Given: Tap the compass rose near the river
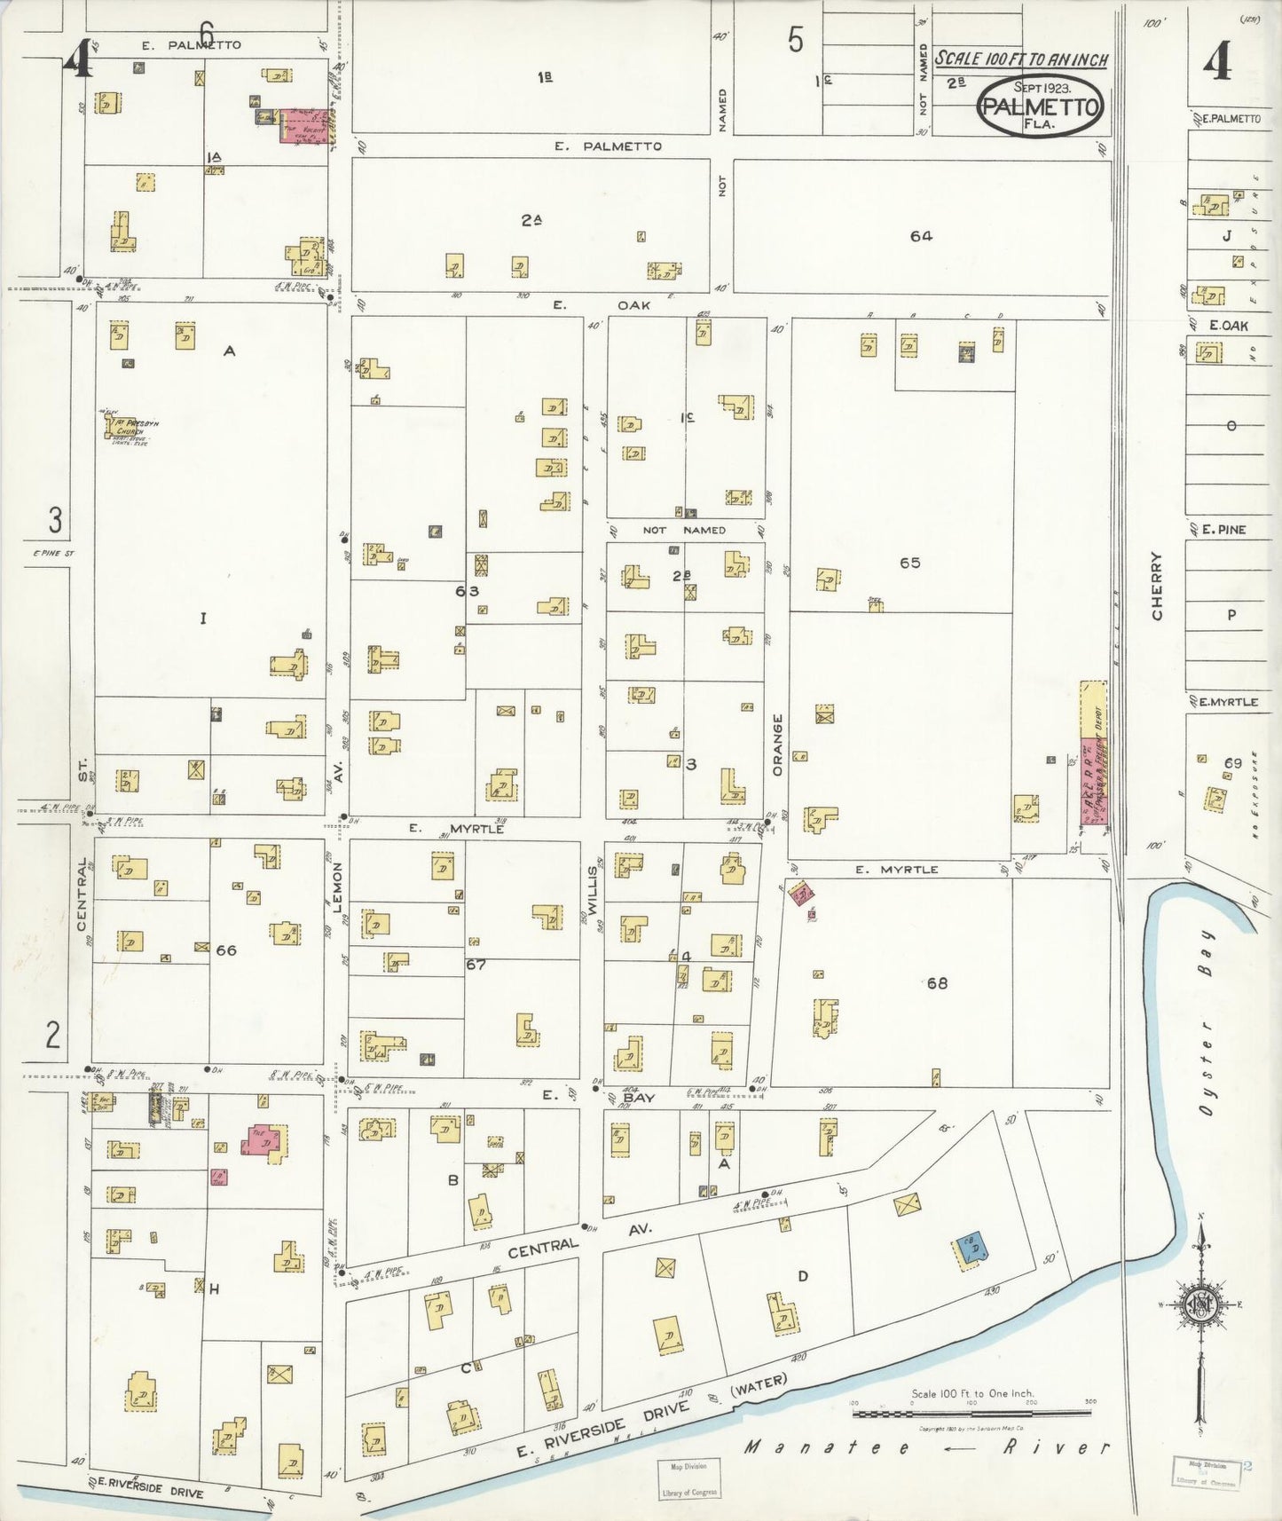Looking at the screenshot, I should point(1201,1304).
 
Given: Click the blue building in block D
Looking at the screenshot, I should point(972,1249).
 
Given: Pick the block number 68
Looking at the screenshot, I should point(937,982).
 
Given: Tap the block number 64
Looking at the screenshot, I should point(921,236).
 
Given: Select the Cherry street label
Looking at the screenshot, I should point(1157,586).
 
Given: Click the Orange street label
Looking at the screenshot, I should point(778,745).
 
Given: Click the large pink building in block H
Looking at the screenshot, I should point(264,1139).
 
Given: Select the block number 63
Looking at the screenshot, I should point(467,591).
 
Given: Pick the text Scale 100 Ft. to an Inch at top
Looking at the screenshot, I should point(1022,59).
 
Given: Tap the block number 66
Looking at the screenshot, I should point(226,950).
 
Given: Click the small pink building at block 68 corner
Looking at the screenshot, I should point(802,894).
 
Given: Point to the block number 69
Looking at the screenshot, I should point(1232,763).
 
